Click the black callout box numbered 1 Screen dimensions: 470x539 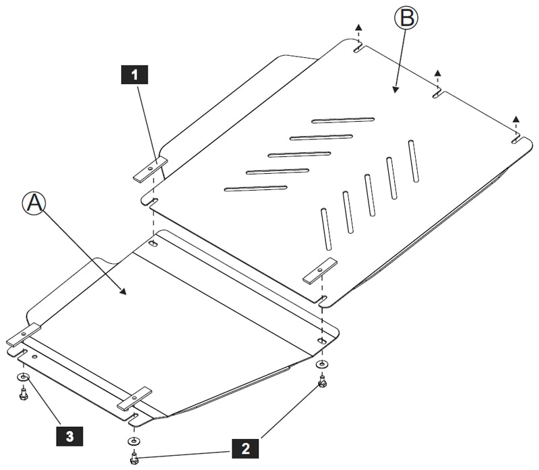(135, 74)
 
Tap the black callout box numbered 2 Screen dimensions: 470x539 (245, 446)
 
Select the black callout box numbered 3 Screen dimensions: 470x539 (70, 435)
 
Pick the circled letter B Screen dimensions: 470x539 (406, 18)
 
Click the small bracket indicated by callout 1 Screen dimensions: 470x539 (150, 169)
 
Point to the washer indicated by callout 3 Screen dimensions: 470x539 (24, 377)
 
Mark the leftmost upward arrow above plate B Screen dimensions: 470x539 (358, 28)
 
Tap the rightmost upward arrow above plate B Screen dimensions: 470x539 (515, 121)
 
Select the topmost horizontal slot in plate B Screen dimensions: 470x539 (343, 121)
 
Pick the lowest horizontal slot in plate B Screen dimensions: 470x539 (256, 189)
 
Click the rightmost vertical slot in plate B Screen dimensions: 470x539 (413, 160)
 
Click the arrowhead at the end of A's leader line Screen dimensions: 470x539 (123, 292)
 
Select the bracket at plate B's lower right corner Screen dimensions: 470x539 (319, 270)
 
